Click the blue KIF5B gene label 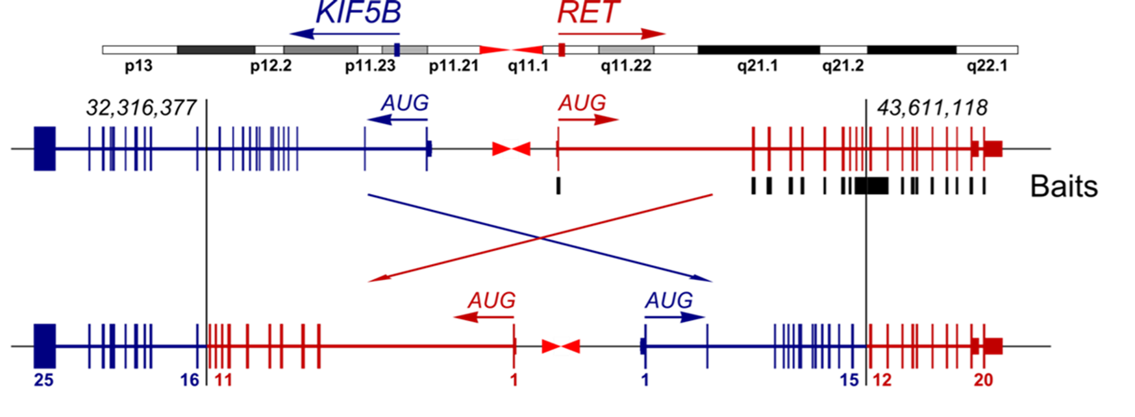[358, 14]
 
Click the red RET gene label [588, 14]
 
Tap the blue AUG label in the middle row [405, 102]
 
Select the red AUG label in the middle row [582, 102]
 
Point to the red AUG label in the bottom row [492, 300]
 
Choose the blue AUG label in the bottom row [669, 300]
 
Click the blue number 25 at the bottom [44, 380]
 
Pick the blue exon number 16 [190, 380]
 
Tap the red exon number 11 [223, 380]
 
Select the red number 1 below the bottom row [514, 380]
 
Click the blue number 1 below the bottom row [645, 380]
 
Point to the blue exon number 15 [849, 380]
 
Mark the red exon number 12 [882, 380]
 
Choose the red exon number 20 [984, 380]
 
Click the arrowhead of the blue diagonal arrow [705, 280]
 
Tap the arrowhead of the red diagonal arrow [377, 280]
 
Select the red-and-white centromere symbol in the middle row [512, 149]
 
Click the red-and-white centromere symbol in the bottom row [561, 346]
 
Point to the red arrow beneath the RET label [610, 34]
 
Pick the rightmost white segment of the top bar [986, 50]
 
